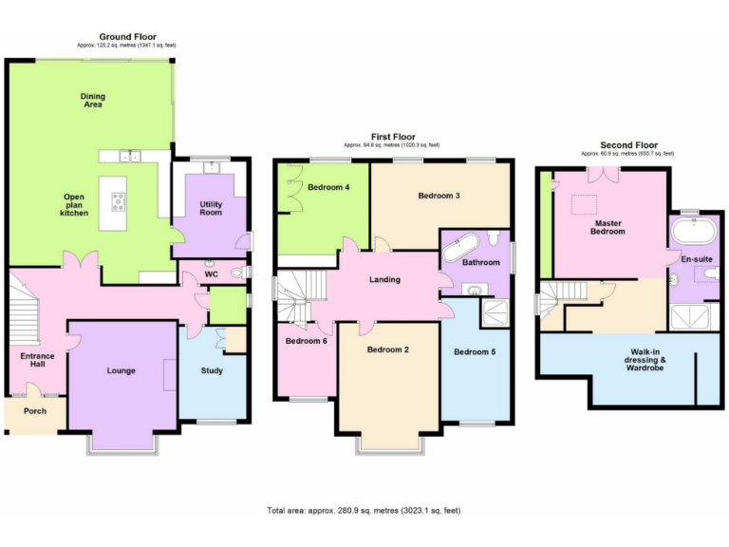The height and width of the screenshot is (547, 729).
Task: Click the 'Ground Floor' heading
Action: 127,38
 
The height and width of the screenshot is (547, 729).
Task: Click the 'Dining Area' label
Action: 93,100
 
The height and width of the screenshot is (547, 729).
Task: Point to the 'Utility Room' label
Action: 211,208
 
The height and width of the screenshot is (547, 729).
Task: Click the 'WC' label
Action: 213,275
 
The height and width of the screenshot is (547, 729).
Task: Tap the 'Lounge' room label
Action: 121,370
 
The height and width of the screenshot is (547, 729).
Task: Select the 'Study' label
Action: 212,370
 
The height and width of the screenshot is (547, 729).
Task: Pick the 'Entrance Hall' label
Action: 38,361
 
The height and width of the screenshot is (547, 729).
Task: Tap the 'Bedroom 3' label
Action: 439,196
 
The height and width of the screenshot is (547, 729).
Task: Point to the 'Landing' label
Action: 384,279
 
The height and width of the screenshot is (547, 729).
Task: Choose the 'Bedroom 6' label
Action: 306,340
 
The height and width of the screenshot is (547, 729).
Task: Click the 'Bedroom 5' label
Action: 474,351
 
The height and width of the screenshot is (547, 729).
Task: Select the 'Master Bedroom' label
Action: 607,227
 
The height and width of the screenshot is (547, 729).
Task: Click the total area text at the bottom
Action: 364,511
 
